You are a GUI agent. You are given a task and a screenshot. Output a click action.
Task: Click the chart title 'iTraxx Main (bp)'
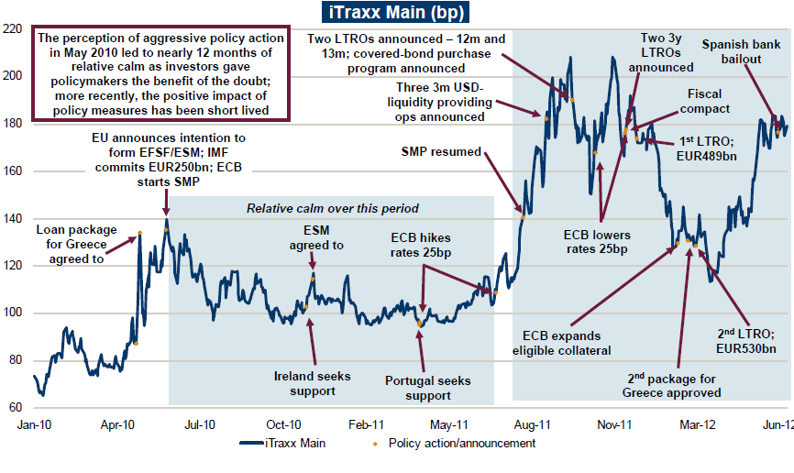[x=396, y=12]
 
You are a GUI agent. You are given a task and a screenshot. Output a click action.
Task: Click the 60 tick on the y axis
[x=15, y=407]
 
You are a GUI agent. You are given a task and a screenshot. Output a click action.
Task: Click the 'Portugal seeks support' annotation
[x=428, y=388]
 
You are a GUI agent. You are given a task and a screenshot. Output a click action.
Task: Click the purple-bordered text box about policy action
[x=160, y=75]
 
